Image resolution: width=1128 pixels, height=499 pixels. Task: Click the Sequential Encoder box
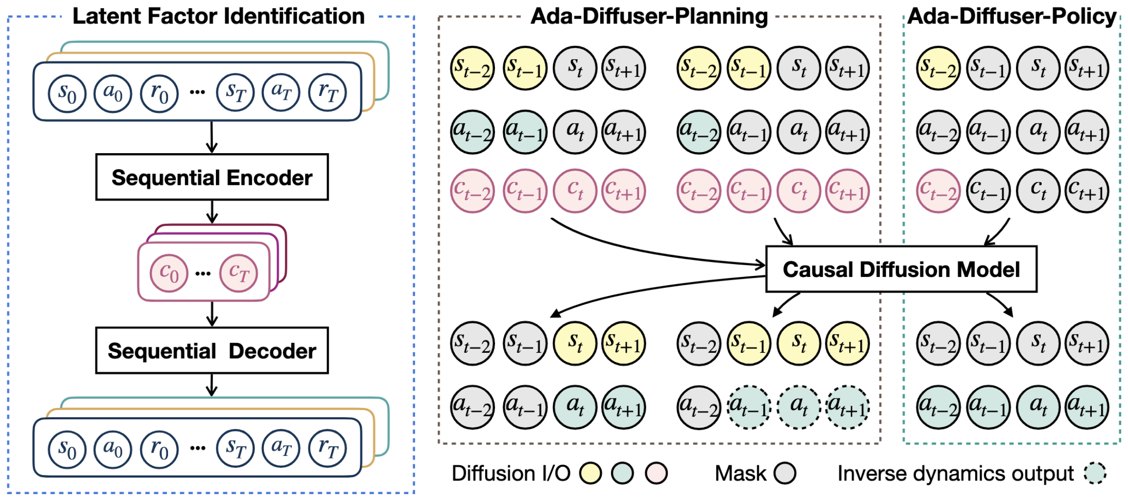pos(212,177)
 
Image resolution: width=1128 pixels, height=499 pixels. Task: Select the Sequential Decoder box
pos(212,350)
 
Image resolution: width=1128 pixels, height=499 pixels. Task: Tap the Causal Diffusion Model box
pos(901,269)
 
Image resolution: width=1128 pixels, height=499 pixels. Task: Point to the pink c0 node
pos(169,273)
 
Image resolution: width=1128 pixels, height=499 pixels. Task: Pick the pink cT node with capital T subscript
pos(238,273)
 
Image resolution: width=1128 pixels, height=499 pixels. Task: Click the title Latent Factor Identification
pos(218,16)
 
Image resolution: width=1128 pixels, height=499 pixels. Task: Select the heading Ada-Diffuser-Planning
pos(649,16)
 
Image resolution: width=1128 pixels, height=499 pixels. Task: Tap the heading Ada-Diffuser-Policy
pos(1011,16)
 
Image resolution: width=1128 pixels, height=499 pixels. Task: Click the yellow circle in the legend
pos(590,473)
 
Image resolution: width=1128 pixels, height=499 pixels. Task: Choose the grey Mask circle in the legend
pos(785,473)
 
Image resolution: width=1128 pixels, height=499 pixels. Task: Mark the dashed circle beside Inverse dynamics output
pos(1095,473)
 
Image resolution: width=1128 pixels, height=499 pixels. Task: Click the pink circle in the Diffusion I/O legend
pos(656,473)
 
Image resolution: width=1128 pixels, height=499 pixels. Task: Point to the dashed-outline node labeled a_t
pos(799,407)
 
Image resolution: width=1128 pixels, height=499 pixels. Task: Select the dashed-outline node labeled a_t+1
pos(848,407)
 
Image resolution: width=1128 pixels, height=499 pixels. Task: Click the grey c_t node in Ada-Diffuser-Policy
pos(1038,191)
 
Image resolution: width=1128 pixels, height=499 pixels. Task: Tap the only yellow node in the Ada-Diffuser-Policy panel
pos(938,68)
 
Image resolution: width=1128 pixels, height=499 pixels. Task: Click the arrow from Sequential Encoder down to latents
pos(212,212)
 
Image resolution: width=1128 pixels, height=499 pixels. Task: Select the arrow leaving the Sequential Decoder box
pos(211,385)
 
